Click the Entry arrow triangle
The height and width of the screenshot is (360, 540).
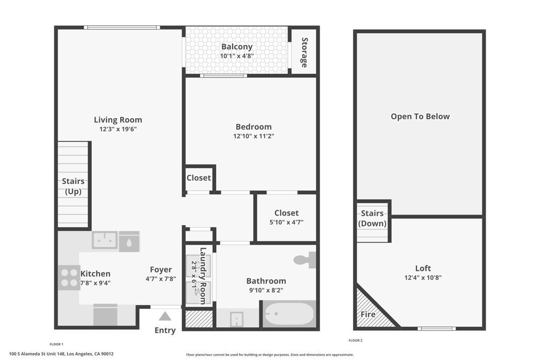click(x=165, y=316)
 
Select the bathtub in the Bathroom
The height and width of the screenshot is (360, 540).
click(x=289, y=315)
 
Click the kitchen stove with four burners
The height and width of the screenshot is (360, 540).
click(x=69, y=277)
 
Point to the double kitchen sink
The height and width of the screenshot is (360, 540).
click(x=105, y=240)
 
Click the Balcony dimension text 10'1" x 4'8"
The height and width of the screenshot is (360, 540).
click(x=237, y=56)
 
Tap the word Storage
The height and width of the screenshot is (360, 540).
click(x=304, y=52)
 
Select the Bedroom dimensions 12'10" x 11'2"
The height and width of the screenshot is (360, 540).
click(x=254, y=136)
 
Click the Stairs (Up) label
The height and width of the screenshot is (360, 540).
click(x=73, y=187)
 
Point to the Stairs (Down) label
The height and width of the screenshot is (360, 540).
click(x=372, y=218)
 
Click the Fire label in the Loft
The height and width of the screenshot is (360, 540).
click(x=368, y=315)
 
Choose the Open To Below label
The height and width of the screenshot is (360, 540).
click(x=420, y=116)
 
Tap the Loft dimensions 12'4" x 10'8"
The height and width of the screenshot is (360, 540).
click(x=423, y=277)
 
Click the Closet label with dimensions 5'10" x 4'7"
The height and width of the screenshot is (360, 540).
click(x=286, y=213)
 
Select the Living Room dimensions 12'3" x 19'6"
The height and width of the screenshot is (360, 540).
click(x=118, y=129)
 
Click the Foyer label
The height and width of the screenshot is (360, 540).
click(x=161, y=270)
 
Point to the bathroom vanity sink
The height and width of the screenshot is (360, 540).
click(x=237, y=319)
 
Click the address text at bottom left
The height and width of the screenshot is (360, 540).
click(x=61, y=354)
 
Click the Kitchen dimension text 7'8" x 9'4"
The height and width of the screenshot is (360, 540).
click(x=95, y=283)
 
